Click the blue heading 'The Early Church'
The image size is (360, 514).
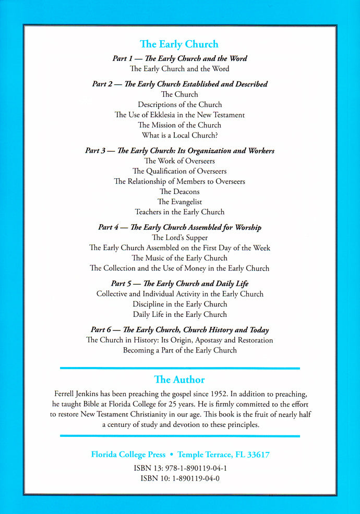click(x=179, y=44)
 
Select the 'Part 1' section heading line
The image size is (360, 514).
click(x=179, y=58)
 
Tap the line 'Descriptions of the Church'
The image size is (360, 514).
click(x=179, y=105)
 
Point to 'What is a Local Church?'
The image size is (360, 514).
click(x=179, y=136)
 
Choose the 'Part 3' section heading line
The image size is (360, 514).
click(x=179, y=151)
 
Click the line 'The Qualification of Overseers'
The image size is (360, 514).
click(x=179, y=171)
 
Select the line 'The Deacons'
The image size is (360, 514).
click(x=179, y=191)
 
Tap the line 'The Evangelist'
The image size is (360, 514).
click(x=179, y=202)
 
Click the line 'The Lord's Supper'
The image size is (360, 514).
click(x=179, y=238)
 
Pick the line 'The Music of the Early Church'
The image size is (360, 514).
click(x=179, y=258)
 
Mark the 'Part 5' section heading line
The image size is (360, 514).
click(x=179, y=284)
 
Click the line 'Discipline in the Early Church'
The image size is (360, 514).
click(x=179, y=304)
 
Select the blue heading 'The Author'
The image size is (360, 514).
click(x=179, y=380)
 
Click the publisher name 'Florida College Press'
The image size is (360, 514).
click(x=125, y=455)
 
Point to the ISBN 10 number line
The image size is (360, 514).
click(x=179, y=478)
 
